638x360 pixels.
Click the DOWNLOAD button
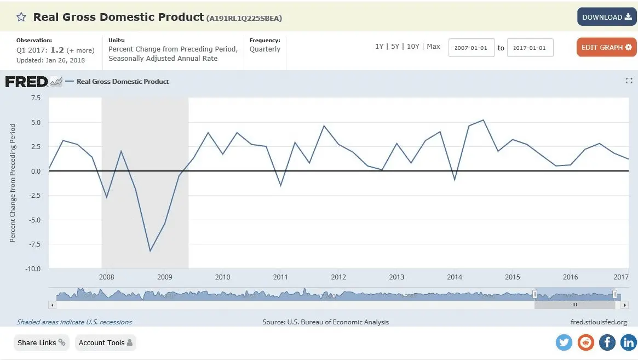pos(606,17)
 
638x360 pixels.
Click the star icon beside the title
pos(21,17)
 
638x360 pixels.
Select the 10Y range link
pos(413,47)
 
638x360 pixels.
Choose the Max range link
pos(434,47)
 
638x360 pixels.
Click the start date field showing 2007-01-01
pos(472,48)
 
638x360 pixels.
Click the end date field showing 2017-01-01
pos(530,48)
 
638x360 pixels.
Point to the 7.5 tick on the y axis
pos(36,98)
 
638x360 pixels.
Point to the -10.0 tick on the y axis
pos(33,268)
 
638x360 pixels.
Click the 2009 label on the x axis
pos(164,277)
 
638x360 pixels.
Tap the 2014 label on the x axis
pos(455,277)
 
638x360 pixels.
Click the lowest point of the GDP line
pos(150,251)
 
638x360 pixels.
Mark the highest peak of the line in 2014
pos(483,120)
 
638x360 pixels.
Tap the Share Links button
pos(41,343)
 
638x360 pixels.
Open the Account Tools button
pos(105,343)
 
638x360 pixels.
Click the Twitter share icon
pos(564,342)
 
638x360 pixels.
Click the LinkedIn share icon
pos(629,342)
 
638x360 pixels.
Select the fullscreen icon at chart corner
pos(629,81)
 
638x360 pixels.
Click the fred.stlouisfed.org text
pos(599,322)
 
